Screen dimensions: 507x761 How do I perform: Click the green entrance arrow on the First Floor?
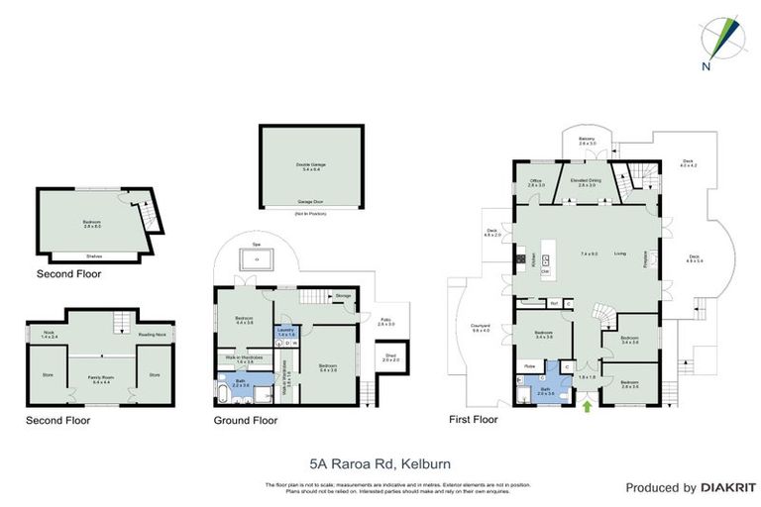(x=588, y=405)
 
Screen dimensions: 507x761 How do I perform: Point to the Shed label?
(x=391, y=359)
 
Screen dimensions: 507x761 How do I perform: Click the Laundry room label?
(x=284, y=332)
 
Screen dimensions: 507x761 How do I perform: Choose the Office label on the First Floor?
(x=536, y=182)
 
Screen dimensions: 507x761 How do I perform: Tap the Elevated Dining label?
(x=586, y=182)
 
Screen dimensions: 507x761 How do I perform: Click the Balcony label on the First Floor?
(x=587, y=141)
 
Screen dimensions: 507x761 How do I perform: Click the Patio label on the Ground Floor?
(x=385, y=322)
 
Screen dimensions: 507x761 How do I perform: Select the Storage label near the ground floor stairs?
(x=343, y=295)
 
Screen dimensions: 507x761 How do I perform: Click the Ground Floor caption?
(x=247, y=421)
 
